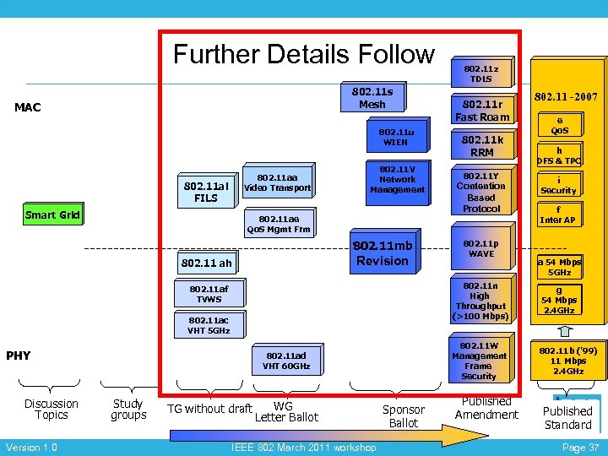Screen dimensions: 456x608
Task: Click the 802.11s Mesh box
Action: [372, 97]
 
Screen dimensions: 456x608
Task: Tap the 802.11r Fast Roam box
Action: [482, 111]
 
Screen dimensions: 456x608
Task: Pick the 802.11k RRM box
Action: [481, 145]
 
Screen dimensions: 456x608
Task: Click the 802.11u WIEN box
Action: [395, 137]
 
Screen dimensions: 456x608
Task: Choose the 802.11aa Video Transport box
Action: [277, 182]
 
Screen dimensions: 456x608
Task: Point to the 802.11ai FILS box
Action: [206, 192]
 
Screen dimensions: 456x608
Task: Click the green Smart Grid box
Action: [52, 214]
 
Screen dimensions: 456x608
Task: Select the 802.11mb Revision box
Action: [383, 253]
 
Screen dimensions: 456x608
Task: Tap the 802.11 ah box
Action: [206, 263]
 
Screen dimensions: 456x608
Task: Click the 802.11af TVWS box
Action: [208, 294]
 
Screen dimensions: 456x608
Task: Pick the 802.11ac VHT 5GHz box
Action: [208, 325]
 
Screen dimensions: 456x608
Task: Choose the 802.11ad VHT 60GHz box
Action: [286, 361]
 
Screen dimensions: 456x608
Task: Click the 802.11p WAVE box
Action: [481, 248]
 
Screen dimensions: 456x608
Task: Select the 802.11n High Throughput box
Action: [480, 301]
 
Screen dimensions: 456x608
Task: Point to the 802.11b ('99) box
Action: [567, 359]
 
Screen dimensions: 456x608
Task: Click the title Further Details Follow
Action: [303, 54]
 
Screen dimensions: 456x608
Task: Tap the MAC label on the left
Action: [28, 107]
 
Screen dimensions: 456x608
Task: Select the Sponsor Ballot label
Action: [404, 415]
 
